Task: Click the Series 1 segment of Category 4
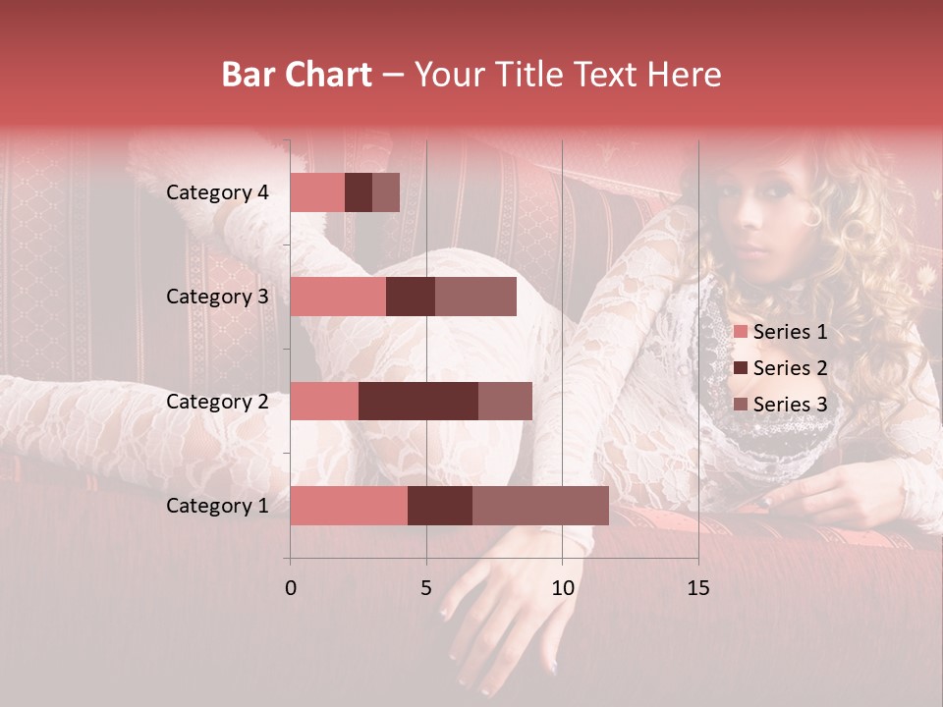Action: (x=317, y=192)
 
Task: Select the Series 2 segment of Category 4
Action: (x=359, y=192)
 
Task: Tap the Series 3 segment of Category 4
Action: (x=386, y=192)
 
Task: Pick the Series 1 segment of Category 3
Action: (x=338, y=297)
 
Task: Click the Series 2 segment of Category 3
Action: (x=411, y=297)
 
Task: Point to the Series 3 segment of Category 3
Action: (x=475, y=297)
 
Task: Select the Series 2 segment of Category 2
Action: (x=418, y=401)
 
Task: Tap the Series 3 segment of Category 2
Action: (x=505, y=401)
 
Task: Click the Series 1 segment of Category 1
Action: (x=349, y=506)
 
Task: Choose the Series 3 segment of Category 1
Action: (x=540, y=506)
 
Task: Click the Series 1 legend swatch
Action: (x=740, y=332)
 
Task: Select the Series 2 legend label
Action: (x=790, y=368)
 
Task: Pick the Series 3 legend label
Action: (x=790, y=405)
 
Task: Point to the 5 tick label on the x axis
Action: (x=426, y=588)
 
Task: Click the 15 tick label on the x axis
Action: (x=697, y=588)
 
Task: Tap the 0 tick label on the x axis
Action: (x=290, y=588)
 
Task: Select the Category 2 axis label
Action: (x=217, y=401)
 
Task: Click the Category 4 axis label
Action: (x=217, y=192)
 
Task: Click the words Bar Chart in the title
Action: (x=297, y=75)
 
